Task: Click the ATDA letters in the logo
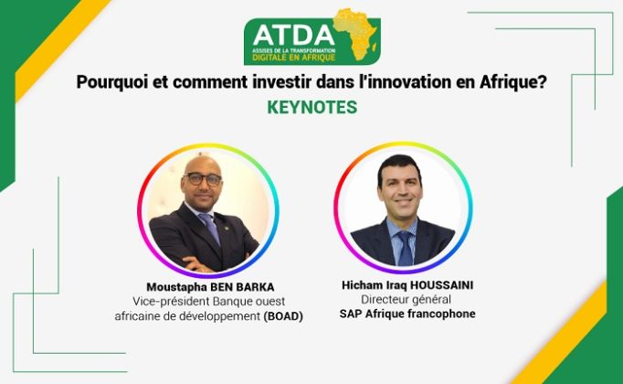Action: (x=293, y=35)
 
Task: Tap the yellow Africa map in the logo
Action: (x=355, y=34)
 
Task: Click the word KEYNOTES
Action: (x=311, y=107)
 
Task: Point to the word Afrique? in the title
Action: (x=513, y=82)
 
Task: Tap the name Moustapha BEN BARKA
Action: (x=210, y=287)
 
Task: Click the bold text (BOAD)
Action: (x=283, y=316)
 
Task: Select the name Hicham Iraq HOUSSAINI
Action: (x=407, y=285)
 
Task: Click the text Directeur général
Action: (x=406, y=299)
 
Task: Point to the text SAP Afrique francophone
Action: (x=407, y=314)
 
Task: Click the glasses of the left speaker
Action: (x=203, y=179)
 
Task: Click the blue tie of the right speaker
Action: (x=406, y=249)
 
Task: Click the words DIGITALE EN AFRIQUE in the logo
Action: (x=293, y=58)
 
